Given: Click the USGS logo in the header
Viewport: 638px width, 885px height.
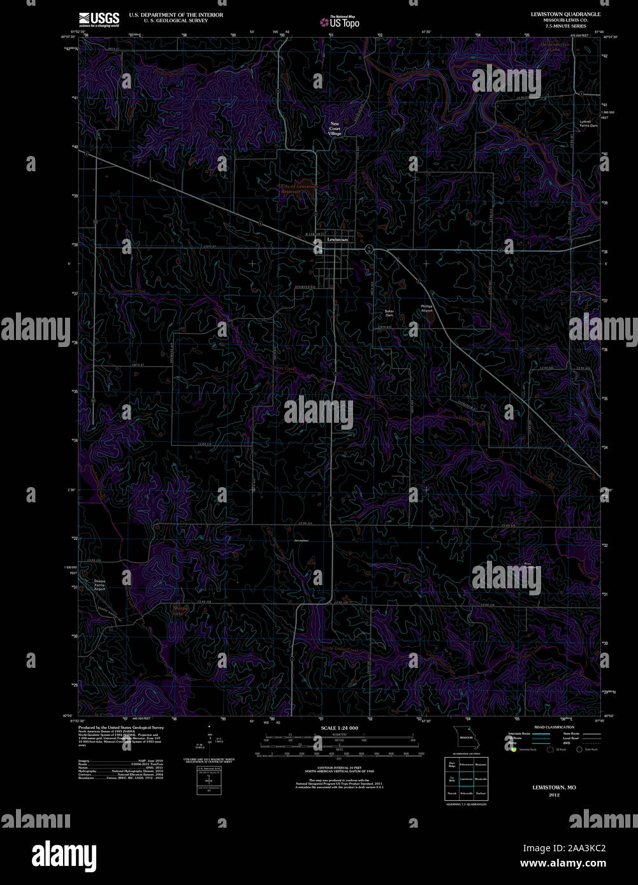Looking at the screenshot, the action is pos(99,19).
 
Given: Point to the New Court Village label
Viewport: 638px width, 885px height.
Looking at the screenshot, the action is pos(335,129).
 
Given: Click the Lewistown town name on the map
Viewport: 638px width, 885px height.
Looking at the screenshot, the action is pos(337,239).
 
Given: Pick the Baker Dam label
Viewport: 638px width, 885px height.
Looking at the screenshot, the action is pos(389,313).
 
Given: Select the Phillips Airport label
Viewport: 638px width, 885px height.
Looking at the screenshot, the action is pos(426,308).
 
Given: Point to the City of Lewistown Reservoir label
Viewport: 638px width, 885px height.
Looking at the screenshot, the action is pos(300,188).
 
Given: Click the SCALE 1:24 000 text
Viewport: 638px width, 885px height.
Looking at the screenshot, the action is pos(339,728).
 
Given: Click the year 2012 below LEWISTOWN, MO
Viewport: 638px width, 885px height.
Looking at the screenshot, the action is pos(554,795).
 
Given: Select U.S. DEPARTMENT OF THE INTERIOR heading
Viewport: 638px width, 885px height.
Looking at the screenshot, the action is pos(176,15).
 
